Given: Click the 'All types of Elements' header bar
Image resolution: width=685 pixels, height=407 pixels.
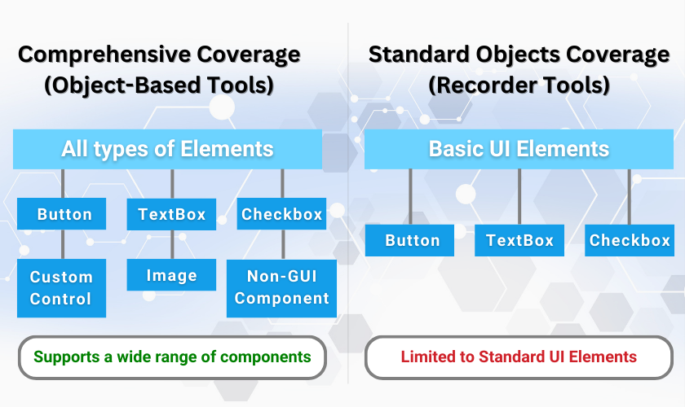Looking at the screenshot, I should pyautogui.click(x=167, y=149).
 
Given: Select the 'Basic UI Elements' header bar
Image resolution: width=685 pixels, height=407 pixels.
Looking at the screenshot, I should pyautogui.click(x=519, y=149).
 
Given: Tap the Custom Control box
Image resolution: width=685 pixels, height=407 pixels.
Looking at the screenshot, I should pyautogui.click(x=62, y=288).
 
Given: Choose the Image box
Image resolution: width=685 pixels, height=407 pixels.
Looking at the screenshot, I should pyautogui.click(x=171, y=275).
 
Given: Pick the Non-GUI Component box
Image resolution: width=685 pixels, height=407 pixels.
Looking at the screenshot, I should pyautogui.click(x=282, y=288).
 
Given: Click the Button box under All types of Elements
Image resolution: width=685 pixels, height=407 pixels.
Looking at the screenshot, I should pyautogui.click(x=62, y=214).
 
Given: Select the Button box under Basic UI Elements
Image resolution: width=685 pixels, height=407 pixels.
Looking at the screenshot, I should pyautogui.click(x=412, y=240).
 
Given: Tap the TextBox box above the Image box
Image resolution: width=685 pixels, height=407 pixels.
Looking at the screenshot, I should pyautogui.click(x=171, y=214).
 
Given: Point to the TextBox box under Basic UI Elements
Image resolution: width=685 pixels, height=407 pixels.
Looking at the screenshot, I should pyautogui.click(x=519, y=240).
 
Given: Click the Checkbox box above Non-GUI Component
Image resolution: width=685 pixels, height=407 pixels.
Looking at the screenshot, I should pyautogui.click(x=282, y=214).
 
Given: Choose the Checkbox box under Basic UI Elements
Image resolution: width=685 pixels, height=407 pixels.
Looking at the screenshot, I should pyautogui.click(x=630, y=240).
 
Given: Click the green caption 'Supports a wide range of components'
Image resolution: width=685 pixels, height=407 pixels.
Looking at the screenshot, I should pyautogui.click(x=172, y=357).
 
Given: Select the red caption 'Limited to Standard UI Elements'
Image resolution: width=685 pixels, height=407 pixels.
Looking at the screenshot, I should pyautogui.click(x=519, y=357).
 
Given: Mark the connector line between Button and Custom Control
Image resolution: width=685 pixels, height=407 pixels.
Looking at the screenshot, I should pyautogui.click(x=62, y=244).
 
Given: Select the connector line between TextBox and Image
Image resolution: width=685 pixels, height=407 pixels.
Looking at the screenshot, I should pyautogui.click(x=171, y=244).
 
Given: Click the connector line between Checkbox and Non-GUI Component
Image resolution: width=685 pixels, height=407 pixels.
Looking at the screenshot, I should pyautogui.click(x=282, y=244).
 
